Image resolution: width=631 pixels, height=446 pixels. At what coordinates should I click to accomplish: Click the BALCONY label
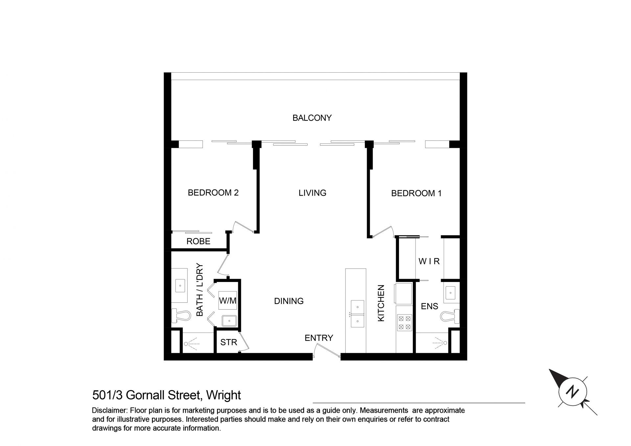pos(312,118)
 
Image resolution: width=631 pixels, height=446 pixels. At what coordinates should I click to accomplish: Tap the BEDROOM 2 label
pos(213,193)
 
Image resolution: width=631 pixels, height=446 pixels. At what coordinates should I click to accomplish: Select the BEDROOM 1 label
pos(416,193)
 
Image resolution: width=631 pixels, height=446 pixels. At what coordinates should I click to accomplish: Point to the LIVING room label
pos(312,193)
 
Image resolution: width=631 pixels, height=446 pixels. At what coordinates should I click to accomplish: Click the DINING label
pos(289,301)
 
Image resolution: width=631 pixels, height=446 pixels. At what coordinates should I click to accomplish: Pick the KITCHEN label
pos(381,303)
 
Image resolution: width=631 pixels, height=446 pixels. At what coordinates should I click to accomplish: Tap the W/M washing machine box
pos(228,300)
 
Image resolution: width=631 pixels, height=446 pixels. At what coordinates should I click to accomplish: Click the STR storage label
pos(228,342)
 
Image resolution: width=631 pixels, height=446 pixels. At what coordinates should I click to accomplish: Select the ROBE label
pos(198,241)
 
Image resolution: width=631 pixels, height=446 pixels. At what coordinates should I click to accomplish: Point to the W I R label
pos(429,261)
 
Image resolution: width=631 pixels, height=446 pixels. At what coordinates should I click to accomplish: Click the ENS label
pos(430,306)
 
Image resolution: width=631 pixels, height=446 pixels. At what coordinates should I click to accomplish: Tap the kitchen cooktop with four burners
pos(404,322)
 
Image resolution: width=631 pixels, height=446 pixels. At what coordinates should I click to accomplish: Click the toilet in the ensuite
pos(450,316)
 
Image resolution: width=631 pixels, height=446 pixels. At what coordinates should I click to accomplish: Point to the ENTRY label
pos(319,338)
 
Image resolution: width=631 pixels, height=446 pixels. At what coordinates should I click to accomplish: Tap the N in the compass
pos(573,392)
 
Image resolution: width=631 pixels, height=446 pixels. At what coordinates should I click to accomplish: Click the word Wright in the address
pos(223,395)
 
